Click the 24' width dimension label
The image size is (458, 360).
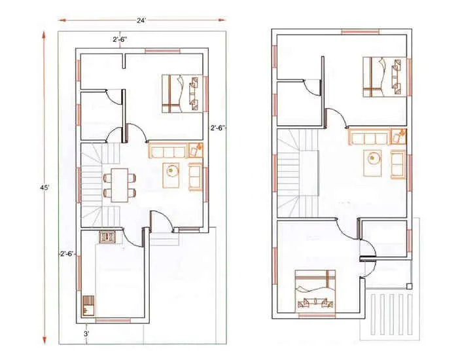click(141, 20)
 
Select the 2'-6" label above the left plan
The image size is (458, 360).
click(120, 40)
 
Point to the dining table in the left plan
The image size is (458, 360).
click(119, 185)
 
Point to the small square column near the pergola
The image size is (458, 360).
click(409, 286)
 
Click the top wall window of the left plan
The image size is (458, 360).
click(162, 50)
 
